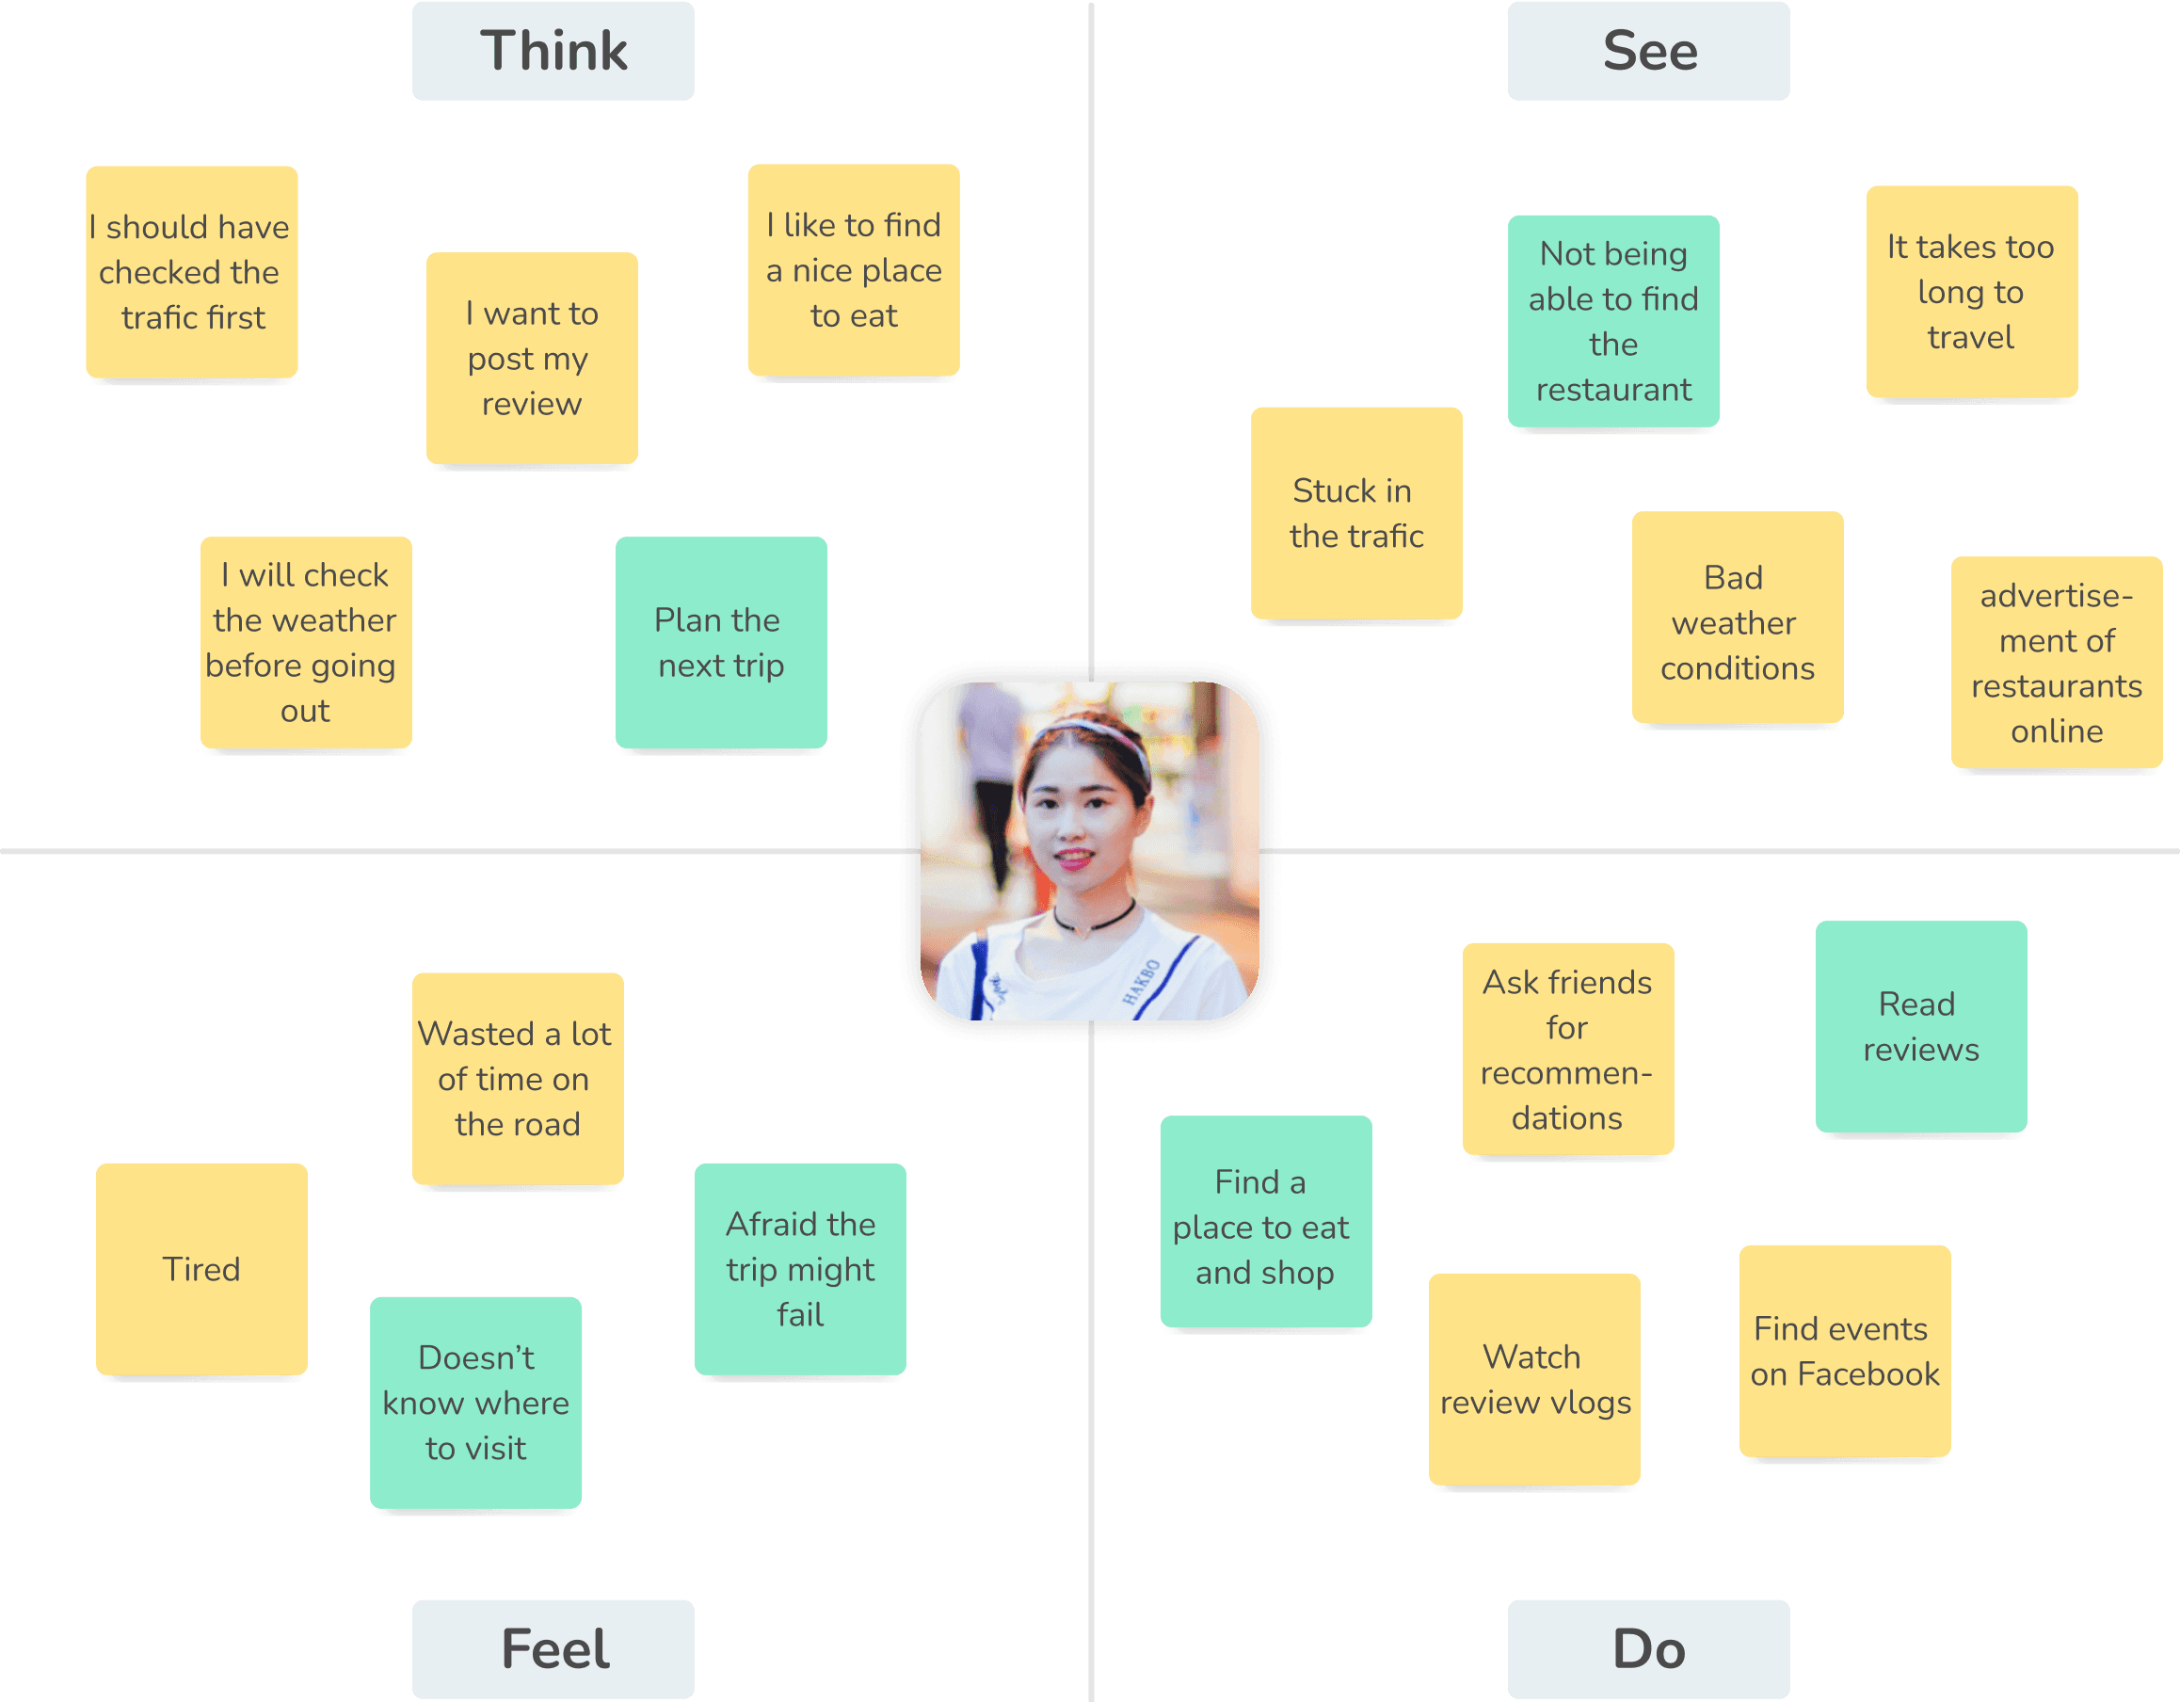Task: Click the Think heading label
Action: pyautogui.click(x=553, y=51)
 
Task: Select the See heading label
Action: pyautogui.click(x=1648, y=51)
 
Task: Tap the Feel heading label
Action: pyautogui.click(x=553, y=1648)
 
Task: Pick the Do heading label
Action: pyautogui.click(x=1648, y=1648)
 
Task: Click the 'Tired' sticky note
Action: pyautogui.click(x=201, y=1270)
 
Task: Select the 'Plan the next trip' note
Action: pyautogui.click(x=721, y=643)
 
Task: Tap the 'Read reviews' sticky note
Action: pyautogui.click(x=1920, y=1027)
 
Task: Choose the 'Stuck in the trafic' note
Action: pyautogui.click(x=1356, y=514)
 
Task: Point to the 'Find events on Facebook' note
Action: pyautogui.click(x=1845, y=1352)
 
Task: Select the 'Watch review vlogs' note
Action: pyautogui.click(x=1534, y=1379)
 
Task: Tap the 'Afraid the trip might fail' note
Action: pyautogui.click(x=800, y=1270)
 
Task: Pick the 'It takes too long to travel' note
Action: pyautogui.click(x=1971, y=293)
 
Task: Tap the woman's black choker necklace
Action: pyautogui.click(x=1094, y=920)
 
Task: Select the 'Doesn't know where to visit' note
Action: pyautogui.click(x=476, y=1404)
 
